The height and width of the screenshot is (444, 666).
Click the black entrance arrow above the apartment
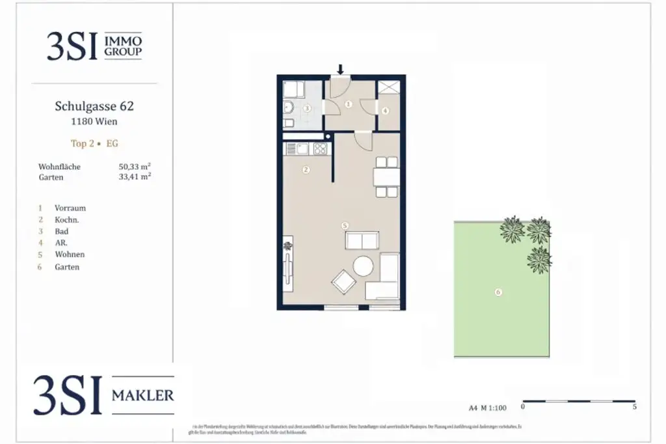click(340, 69)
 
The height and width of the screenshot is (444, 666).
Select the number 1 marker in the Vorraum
click(348, 104)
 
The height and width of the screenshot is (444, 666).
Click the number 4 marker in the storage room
click(385, 111)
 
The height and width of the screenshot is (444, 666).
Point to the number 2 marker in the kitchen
click(305, 170)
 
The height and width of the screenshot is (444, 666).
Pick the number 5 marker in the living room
click(345, 225)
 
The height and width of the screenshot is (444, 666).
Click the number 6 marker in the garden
click(498, 292)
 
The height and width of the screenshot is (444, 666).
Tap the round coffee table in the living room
click(362, 266)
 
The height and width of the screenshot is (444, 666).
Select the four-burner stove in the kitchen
click(319, 149)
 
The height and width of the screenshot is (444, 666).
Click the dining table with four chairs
click(386, 176)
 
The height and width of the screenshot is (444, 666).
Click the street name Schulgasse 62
click(95, 106)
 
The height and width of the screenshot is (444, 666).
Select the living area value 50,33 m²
click(135, 167)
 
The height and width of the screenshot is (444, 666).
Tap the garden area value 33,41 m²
click(135, 176)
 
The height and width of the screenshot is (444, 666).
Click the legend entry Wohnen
click(70, 255)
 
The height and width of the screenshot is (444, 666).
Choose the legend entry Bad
click(62, 231)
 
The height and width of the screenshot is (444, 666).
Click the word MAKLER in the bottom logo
click(143, 395)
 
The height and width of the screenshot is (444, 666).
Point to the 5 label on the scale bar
click(634, 407)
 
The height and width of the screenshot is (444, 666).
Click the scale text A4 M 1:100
click(488, 408)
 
